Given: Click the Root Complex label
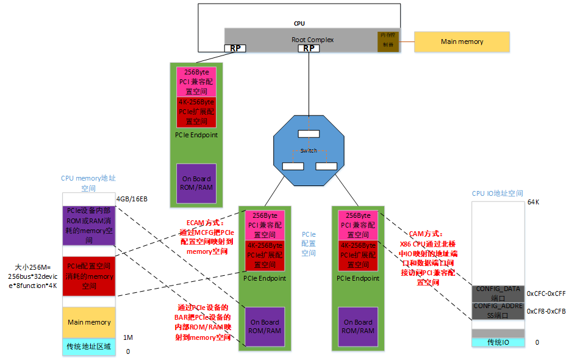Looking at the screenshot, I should pos(312,40).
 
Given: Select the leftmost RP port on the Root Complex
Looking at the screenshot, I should pos(235,48).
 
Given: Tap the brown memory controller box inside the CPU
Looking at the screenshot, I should pos(387,41).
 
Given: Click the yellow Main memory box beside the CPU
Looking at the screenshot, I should pos(462,41).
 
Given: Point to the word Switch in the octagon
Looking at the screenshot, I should pos(309,150).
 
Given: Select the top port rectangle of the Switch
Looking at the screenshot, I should pos(309,134).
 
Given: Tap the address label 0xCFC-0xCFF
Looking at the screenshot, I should pos(546,293).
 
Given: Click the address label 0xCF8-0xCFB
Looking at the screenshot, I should pos(546,311).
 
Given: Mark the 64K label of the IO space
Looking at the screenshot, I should pos(534,201).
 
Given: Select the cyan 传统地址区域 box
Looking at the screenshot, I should pos(89,347).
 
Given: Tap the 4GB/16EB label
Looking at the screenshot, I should pos(131,199).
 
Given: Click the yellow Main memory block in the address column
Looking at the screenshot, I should pos(89,322).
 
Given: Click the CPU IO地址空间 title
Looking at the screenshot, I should pos(498,193).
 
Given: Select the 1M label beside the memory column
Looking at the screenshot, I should pos(127,337).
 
